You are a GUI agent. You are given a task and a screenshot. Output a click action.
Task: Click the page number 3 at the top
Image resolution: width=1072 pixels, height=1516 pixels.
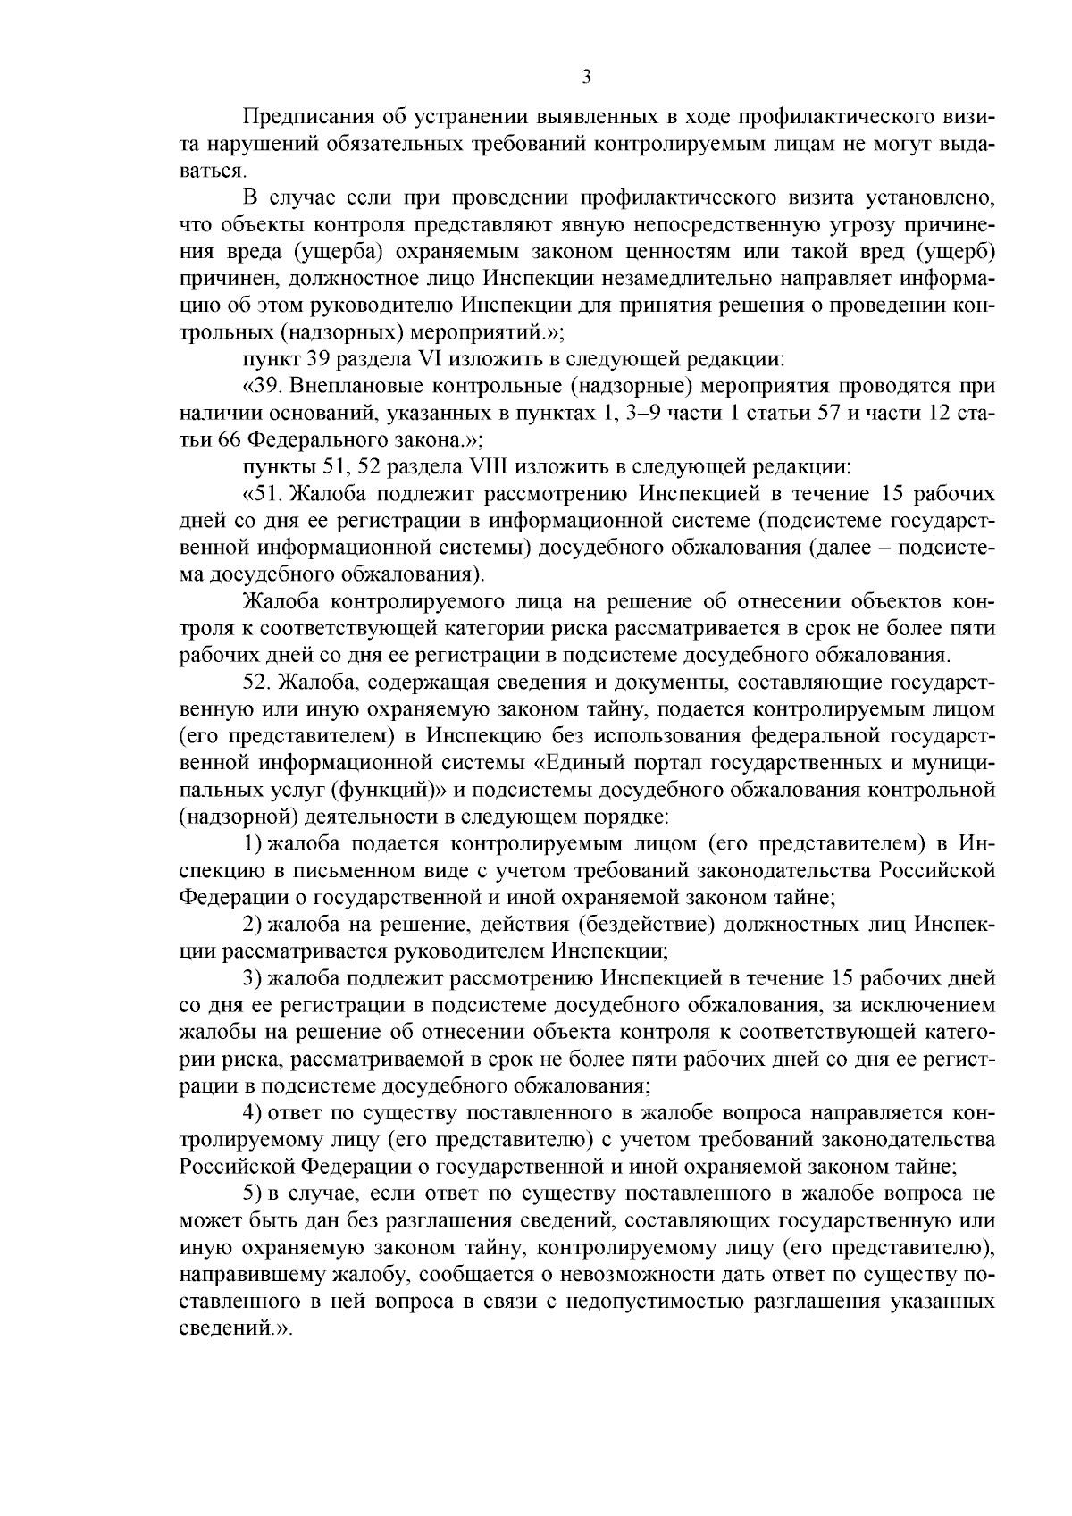tap(586, 78)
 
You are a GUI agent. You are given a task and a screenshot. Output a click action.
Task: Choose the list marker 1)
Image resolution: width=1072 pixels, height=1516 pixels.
tap(253, 843)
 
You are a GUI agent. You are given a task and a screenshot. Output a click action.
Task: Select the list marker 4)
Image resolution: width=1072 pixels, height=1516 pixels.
tap(253, 1113)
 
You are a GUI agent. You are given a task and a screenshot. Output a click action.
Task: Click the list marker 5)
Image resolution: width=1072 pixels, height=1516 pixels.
tap(253, 1194)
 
